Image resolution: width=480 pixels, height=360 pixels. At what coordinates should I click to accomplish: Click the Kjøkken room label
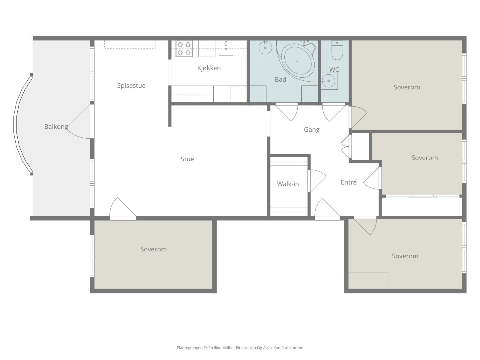coord(209,68)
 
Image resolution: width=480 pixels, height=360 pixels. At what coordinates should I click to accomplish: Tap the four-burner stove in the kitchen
coord(184,49)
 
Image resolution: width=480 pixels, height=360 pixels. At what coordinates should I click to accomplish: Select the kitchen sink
coord(226,48)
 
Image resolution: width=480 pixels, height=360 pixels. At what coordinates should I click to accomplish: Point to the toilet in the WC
coord(337,50)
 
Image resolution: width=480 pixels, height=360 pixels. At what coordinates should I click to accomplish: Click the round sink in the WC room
coord(329,81)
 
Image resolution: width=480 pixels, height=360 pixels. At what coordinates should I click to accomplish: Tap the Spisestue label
coord(131,85)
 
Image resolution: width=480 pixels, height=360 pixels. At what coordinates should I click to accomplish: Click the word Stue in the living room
coord(187,159)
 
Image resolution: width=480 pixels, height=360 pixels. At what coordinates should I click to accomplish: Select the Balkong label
coord(56,127)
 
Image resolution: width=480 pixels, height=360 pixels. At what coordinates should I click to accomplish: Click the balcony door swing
coord(79,121)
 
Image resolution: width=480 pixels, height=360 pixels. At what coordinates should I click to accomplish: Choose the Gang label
coord(312,130)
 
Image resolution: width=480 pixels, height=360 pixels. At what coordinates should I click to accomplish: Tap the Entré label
coord(349,182)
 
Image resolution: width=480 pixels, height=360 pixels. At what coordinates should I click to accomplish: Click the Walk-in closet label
coord(288,184)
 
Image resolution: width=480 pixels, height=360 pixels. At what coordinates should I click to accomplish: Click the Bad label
coord(280,79)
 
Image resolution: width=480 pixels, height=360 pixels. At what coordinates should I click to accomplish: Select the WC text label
coord(334,70)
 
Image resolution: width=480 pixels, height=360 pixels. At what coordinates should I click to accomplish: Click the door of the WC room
coord(334,112)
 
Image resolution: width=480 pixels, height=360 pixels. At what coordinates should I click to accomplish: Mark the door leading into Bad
coord(287,112)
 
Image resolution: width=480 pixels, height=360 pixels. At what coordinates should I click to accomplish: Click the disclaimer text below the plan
coord(240,348)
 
